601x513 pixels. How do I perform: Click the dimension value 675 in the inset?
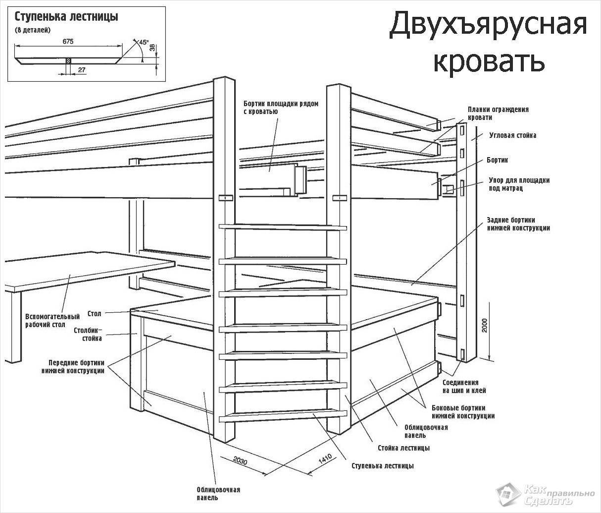coord(68,42)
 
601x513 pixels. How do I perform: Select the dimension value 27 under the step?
coord(82,70)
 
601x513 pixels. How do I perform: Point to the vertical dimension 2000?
coord(485,326)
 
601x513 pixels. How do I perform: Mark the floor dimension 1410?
coord(325,459)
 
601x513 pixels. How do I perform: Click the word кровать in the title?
coord(489,60)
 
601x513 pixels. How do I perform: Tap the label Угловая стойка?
coord(512,135)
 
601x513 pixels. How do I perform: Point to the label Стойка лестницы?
coord(403,448)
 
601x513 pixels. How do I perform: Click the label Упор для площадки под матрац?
coord(519,184)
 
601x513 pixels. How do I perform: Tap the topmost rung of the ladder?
coord(283,228)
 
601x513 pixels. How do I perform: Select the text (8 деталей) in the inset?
coord(33,31)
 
